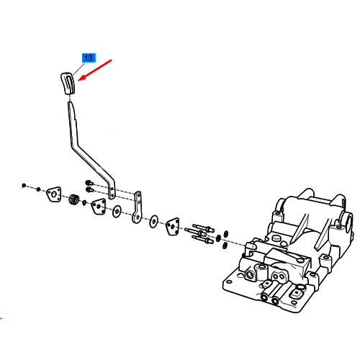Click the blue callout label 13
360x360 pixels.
(89, 58)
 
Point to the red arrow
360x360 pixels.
(94, 70)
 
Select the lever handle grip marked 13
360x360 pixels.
(68, 83)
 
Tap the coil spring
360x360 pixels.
(74, 199)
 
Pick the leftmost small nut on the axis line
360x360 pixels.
(24, 185)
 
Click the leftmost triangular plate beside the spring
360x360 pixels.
(54, 194)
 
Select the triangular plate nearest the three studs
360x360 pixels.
(172, 226)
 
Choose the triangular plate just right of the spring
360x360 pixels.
(99, 207)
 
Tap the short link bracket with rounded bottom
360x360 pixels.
(137, 207)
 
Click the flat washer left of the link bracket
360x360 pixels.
(117, 212)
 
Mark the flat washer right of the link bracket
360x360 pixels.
(153, 221)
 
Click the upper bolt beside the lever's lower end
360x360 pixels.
(89, 183)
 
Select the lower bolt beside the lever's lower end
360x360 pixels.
(89, 189)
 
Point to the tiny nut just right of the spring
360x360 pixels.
(84, 203)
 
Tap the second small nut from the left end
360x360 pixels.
(38, 189)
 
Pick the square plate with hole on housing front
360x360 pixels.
(297, 293)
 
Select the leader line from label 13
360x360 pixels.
(78, 69)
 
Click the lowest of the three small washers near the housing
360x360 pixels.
(225, 246)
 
